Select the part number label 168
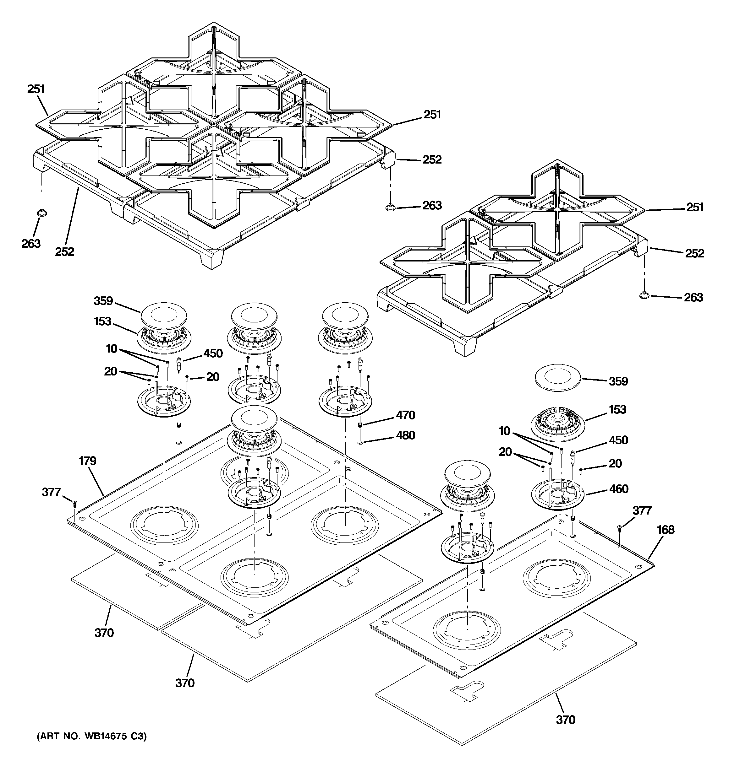coord(666,530)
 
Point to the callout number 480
coord(405,435)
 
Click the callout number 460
coord(619,489)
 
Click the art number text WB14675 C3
coord(91,737)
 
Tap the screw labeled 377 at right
coord(619,528)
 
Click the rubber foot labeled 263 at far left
coord(42,212)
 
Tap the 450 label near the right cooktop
coord(618,440)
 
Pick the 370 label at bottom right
coord(565,720)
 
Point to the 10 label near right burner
coord(504,431)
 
